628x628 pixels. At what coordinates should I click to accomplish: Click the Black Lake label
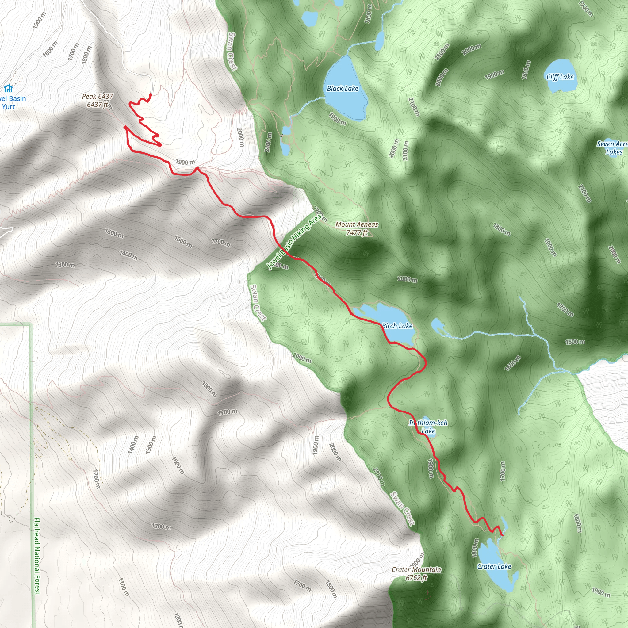(x=342, y=88)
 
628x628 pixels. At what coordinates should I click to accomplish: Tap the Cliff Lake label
(x=560, y=77)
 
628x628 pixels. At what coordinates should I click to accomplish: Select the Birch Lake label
(x=397, y=326)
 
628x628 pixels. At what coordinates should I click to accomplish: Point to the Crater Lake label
(x=494, y=566)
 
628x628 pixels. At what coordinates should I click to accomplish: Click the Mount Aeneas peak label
(x=357, y=228)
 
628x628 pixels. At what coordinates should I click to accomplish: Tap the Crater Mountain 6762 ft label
(x=416, y=573)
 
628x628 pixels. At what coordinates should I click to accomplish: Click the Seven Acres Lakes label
(x=613, y=148)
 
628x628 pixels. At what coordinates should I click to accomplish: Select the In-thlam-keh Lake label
(x=428, y=427)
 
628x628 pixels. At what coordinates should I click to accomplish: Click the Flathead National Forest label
(x=37, y=556)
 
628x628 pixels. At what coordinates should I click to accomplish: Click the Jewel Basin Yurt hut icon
(x=8, y=88)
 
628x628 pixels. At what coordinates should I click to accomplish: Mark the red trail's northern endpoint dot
(x=151, y=95)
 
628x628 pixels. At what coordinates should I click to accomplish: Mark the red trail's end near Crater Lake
(x=502, y=535)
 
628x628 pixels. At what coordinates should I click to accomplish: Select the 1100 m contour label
(x=124, y=587)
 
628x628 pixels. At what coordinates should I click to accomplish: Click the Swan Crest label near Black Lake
(x=233, y=51)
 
